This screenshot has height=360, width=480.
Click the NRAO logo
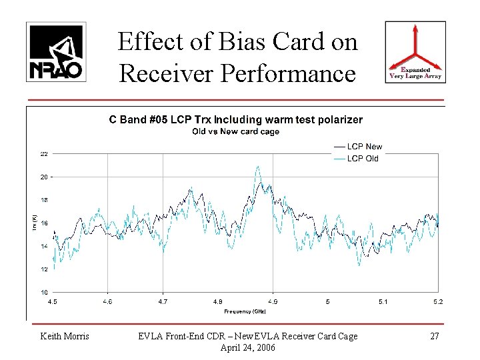[x=56, y=52]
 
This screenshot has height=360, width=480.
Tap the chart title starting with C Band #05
[x=235, y=120]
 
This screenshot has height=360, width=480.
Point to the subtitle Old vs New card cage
[x=235, y=131]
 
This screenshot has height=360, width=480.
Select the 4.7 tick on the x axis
[x=163, y=302]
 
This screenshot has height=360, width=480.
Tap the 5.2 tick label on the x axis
[x=437, y=302]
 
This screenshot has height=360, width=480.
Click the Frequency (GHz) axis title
[x=245, y=311]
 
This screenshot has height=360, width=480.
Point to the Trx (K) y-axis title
[x=34, y=217]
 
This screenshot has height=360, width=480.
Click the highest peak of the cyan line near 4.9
[x=257, y=167]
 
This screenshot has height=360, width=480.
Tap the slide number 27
[x=434, y=337]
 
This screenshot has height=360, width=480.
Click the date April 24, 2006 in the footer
[x=245, y=347]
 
